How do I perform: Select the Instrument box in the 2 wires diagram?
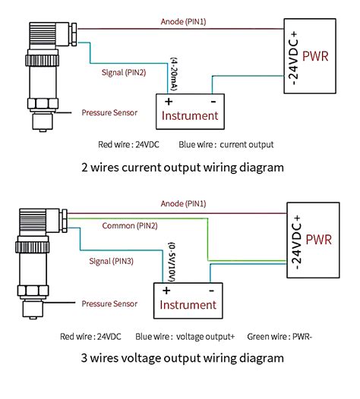pyautogui.click(x=190, y=109)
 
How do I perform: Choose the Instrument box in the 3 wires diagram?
pyautogui.click(x=190, y=300)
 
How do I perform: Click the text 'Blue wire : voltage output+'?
pyautogui.click(x=186, y=335)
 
